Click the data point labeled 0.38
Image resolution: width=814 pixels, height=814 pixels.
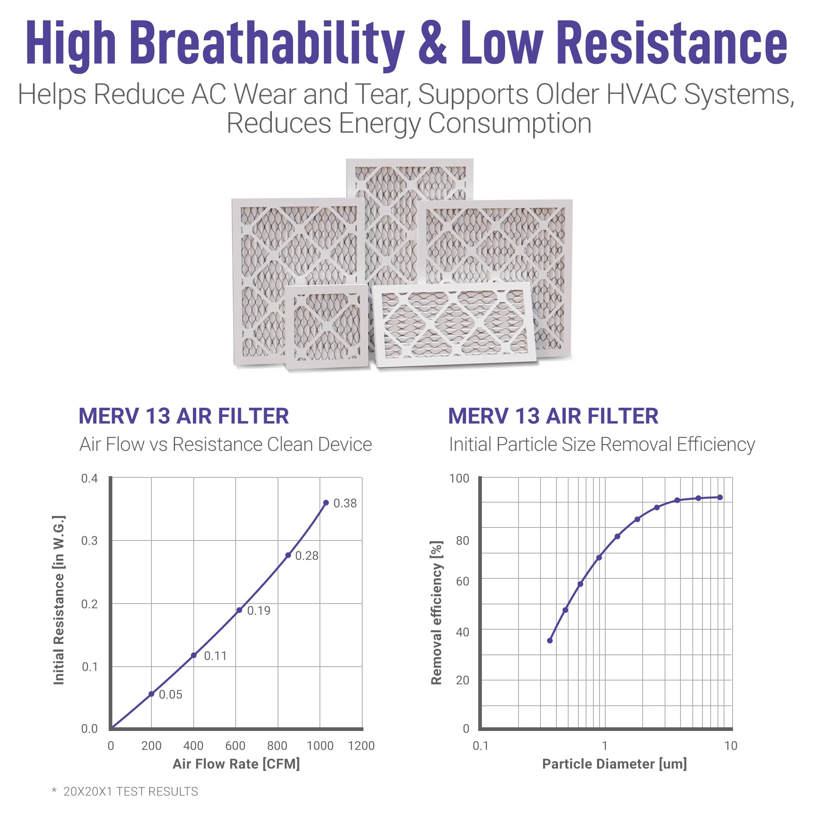point(326,503)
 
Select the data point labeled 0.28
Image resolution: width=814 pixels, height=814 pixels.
point(288,555)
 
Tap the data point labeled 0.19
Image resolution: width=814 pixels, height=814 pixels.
point(239,610)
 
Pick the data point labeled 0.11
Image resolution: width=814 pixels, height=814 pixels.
point(194,655)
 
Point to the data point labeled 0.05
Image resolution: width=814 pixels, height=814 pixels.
point(151,694)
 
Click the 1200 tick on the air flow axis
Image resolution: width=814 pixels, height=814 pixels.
point(361,745)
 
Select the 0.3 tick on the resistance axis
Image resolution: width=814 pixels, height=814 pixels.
point(89,540)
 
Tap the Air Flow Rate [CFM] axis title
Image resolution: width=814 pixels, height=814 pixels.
point(236,764)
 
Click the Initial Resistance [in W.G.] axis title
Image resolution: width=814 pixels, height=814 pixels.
point(59,600)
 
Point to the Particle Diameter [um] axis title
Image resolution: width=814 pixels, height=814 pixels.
point(614,764)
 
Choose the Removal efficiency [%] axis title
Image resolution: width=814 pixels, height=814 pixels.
point(436,613)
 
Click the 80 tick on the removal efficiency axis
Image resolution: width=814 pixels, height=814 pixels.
point(463,540)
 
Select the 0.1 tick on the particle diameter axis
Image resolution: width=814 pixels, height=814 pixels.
point(480,745)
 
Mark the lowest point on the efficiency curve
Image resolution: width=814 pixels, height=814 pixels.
point(550,640)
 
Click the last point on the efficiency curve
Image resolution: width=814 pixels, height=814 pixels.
point(720,497)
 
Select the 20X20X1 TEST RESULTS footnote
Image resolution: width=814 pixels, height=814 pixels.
point(131,791)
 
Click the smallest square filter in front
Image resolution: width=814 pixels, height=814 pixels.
point(326,326)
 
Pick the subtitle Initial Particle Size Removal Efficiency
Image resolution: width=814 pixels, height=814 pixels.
point(602,444)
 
